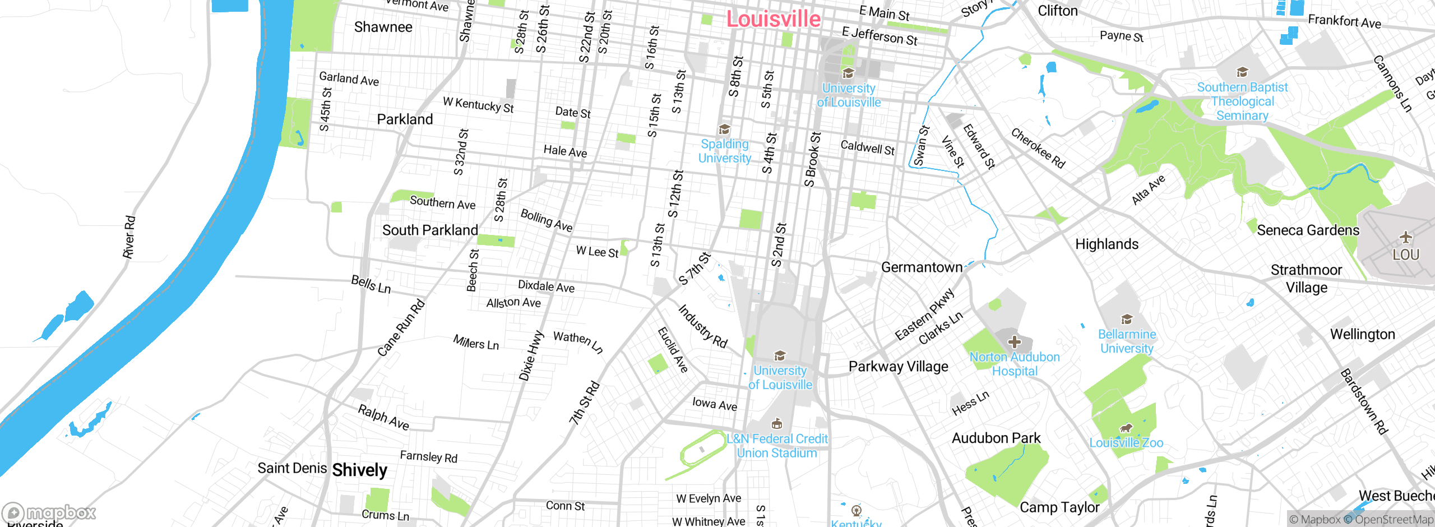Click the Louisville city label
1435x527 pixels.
point(773,19)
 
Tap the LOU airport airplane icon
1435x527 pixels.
point(1405,237)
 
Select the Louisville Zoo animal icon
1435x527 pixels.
point(1126,429)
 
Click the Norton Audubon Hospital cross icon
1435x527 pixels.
point(1014,342)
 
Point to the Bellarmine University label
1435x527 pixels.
point(1127,341)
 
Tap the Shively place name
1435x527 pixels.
point(359,470)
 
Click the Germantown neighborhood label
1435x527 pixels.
point(922,267)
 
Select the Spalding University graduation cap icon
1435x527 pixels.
point(724,130)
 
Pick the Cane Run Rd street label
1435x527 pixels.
point(401,329)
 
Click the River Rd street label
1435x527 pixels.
point(129,237)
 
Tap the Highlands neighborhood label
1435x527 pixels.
point(1107,244)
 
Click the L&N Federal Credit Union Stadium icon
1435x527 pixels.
point(777,424)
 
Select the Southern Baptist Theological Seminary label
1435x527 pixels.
point(1242,101)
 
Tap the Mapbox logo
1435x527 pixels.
point(49,512)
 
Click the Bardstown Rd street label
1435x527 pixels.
point(1363,401)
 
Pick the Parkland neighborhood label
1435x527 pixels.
point(405,119)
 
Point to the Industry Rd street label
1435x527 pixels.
point(702,327)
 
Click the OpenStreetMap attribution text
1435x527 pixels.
point(1394,520)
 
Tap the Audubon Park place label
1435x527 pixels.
point(996,438)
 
